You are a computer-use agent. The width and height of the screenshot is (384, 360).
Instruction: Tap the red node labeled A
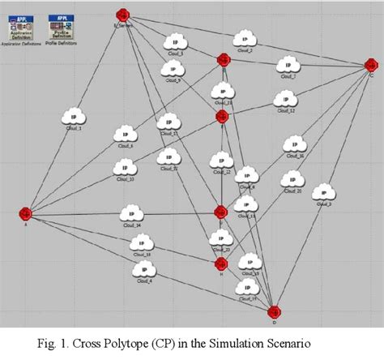26,213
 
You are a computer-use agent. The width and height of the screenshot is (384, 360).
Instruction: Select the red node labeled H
220,264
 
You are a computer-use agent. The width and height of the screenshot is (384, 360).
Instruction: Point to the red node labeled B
223,59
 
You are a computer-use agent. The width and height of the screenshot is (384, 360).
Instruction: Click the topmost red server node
122,15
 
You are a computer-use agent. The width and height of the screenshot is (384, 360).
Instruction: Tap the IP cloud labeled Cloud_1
75,116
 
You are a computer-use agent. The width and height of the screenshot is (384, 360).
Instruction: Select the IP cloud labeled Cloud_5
173,41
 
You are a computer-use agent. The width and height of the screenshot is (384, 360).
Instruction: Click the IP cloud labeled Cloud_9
171,69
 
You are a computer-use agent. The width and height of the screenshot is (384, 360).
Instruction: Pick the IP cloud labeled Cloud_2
243,39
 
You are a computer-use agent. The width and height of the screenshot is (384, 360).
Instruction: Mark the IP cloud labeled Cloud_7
286,64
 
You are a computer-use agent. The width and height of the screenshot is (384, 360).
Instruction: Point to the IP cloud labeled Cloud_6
124,134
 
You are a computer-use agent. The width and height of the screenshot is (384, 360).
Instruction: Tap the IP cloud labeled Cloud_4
144,269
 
